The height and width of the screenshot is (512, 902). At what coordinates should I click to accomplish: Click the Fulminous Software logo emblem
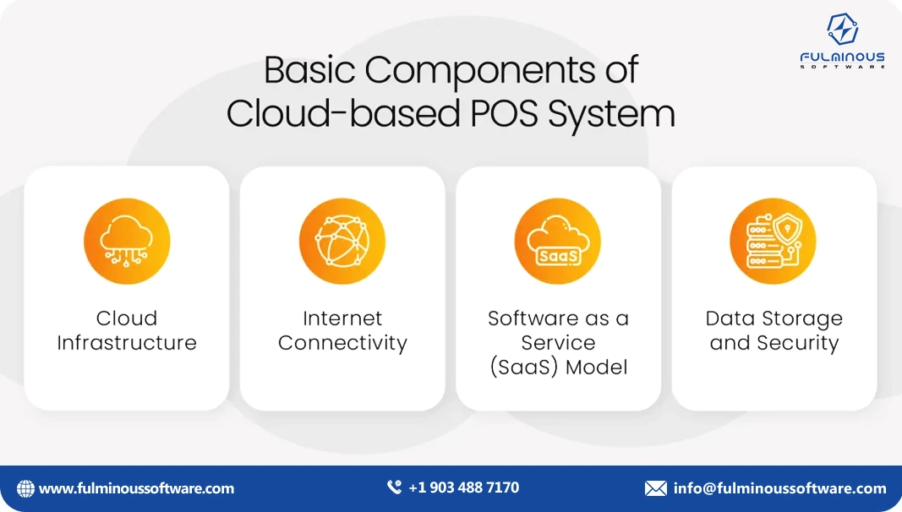pos(842,30)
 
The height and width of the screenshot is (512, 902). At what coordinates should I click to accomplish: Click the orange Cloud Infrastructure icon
pos(127,242)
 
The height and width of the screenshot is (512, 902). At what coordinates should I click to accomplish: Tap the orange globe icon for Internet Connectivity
pos(342,242)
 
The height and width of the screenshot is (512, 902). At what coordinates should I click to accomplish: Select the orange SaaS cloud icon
pos(558,242)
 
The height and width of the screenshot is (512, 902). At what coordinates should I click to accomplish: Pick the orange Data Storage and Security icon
pos(774,242)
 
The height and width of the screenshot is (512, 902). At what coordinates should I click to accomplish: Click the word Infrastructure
pos(127,343)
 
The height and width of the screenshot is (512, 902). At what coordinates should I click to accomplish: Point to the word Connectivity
pos(342,343)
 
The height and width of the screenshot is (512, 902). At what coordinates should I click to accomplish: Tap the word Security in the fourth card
pos(798,343)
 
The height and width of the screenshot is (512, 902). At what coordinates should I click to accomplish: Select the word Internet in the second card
pos(342,319)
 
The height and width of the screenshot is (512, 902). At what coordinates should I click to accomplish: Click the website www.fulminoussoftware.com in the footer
pos(137,488)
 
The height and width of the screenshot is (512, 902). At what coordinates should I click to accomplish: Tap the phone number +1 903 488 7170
pos(463,487)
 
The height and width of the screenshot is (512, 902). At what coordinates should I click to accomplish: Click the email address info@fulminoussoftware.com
pos(779,488)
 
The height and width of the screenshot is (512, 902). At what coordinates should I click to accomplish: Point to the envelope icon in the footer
pos(656,488)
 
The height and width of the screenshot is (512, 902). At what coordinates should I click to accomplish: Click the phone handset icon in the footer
pos(394,487)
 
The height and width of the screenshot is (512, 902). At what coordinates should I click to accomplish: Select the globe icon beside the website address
pos(25,488)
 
